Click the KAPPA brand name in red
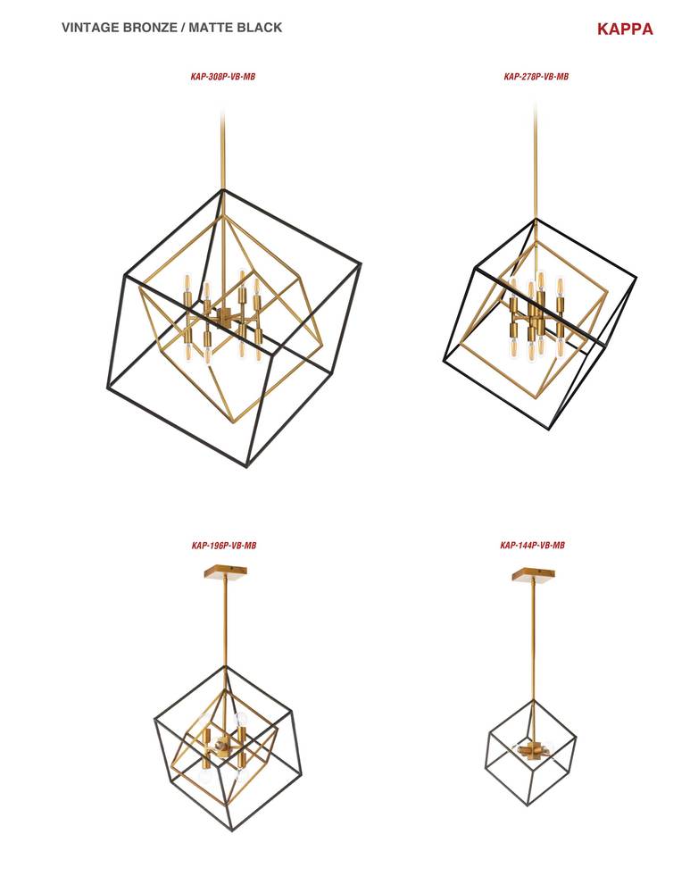[625, 29]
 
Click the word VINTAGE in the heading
[90, 28]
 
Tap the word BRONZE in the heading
[150, 28]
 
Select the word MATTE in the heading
[209, 28]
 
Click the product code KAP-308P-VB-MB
[222, 76]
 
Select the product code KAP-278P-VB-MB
[536, 76]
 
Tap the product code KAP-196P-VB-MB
[224, 546]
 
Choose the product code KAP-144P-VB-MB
[532, 545]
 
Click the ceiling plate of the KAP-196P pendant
[226, 572]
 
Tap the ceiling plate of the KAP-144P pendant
[534, 574]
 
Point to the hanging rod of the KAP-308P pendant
[222, 151]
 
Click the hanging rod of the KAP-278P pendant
[536, 161]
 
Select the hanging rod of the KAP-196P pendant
[225, 622]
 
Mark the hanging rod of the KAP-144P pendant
[534, 642]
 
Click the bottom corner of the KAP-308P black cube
[247, 466]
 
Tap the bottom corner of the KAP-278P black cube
[549, 429]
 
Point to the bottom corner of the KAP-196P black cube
[232, 830]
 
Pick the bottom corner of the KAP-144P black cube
[528, 805]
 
